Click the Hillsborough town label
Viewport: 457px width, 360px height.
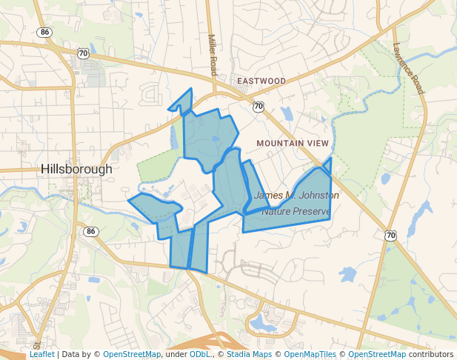tap(77, 169)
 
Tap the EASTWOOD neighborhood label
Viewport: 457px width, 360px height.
tap(261, 81)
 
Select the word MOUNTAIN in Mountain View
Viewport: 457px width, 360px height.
tap(279, 142)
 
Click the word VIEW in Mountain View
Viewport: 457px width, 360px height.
tap(317, 142)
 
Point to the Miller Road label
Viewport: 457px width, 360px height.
tap(213, 55)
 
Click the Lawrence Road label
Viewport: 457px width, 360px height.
tap(408, 67)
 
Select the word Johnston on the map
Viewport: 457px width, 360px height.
tap(316, 196)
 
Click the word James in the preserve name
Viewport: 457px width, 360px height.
tap(267, 196)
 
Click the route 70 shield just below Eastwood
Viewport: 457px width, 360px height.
tap(258, 107)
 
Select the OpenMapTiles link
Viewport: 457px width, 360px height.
tap(310, 355)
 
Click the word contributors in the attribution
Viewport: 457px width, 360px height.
tap(431, 355)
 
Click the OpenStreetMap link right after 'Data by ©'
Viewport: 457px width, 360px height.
tap(131, 355)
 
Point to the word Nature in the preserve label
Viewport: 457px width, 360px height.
tap(276, 212)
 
